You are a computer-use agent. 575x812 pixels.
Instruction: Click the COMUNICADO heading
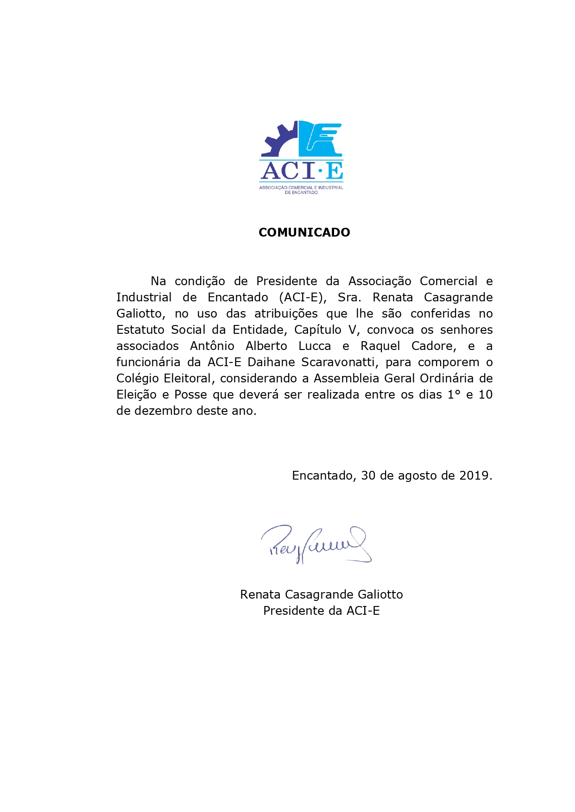(304, 232)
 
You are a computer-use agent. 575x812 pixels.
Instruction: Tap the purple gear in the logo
(278, 141)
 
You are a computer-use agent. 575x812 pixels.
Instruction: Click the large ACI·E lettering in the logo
(302, 171)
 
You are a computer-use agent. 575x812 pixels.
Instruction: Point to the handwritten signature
(315, 544)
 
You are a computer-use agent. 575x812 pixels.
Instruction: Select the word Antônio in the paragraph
(212, 346)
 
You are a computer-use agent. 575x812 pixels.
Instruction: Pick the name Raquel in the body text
(380, 346)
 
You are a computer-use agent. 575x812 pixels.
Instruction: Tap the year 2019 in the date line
(474, 476)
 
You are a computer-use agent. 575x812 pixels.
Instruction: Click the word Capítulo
(317, 330)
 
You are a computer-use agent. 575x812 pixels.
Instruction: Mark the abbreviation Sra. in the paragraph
(349, 298)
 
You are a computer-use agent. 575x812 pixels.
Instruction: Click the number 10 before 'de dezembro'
(485, 395)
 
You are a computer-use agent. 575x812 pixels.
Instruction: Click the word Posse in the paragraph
(190, 395)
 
